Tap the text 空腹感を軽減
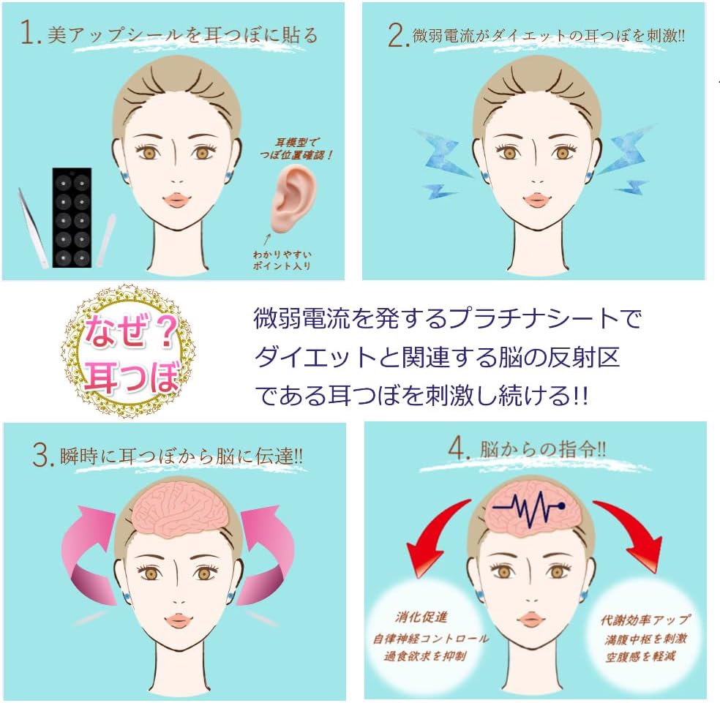tap(644, 656)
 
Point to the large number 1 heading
tap(29, 35)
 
